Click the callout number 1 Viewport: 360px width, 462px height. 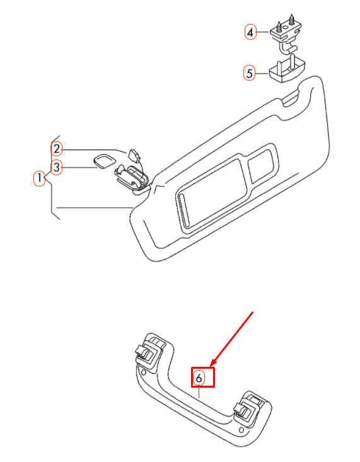pyautogui.click(x=39, y=178)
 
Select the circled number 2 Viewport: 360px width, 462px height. pyautogui.click(x=57, y=149)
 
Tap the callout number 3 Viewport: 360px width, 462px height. pyautogui.click(x=57, y=168)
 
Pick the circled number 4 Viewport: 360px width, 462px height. pyautogui.click(x=251, y=32)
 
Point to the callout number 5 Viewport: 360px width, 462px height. pyautogui.click(x=250, y=73)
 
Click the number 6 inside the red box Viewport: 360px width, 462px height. pyautogui.click(x=199, y=378)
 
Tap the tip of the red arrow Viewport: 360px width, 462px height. pyautogui.click(x=211, y=367)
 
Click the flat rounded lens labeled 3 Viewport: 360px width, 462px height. pyautogui.click(x=102, y=161)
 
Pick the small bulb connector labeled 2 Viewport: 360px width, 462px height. pyautogui.click(x=134, y=154)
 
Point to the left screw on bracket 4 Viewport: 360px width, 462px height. pyautogui.click(x=278, y=22)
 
